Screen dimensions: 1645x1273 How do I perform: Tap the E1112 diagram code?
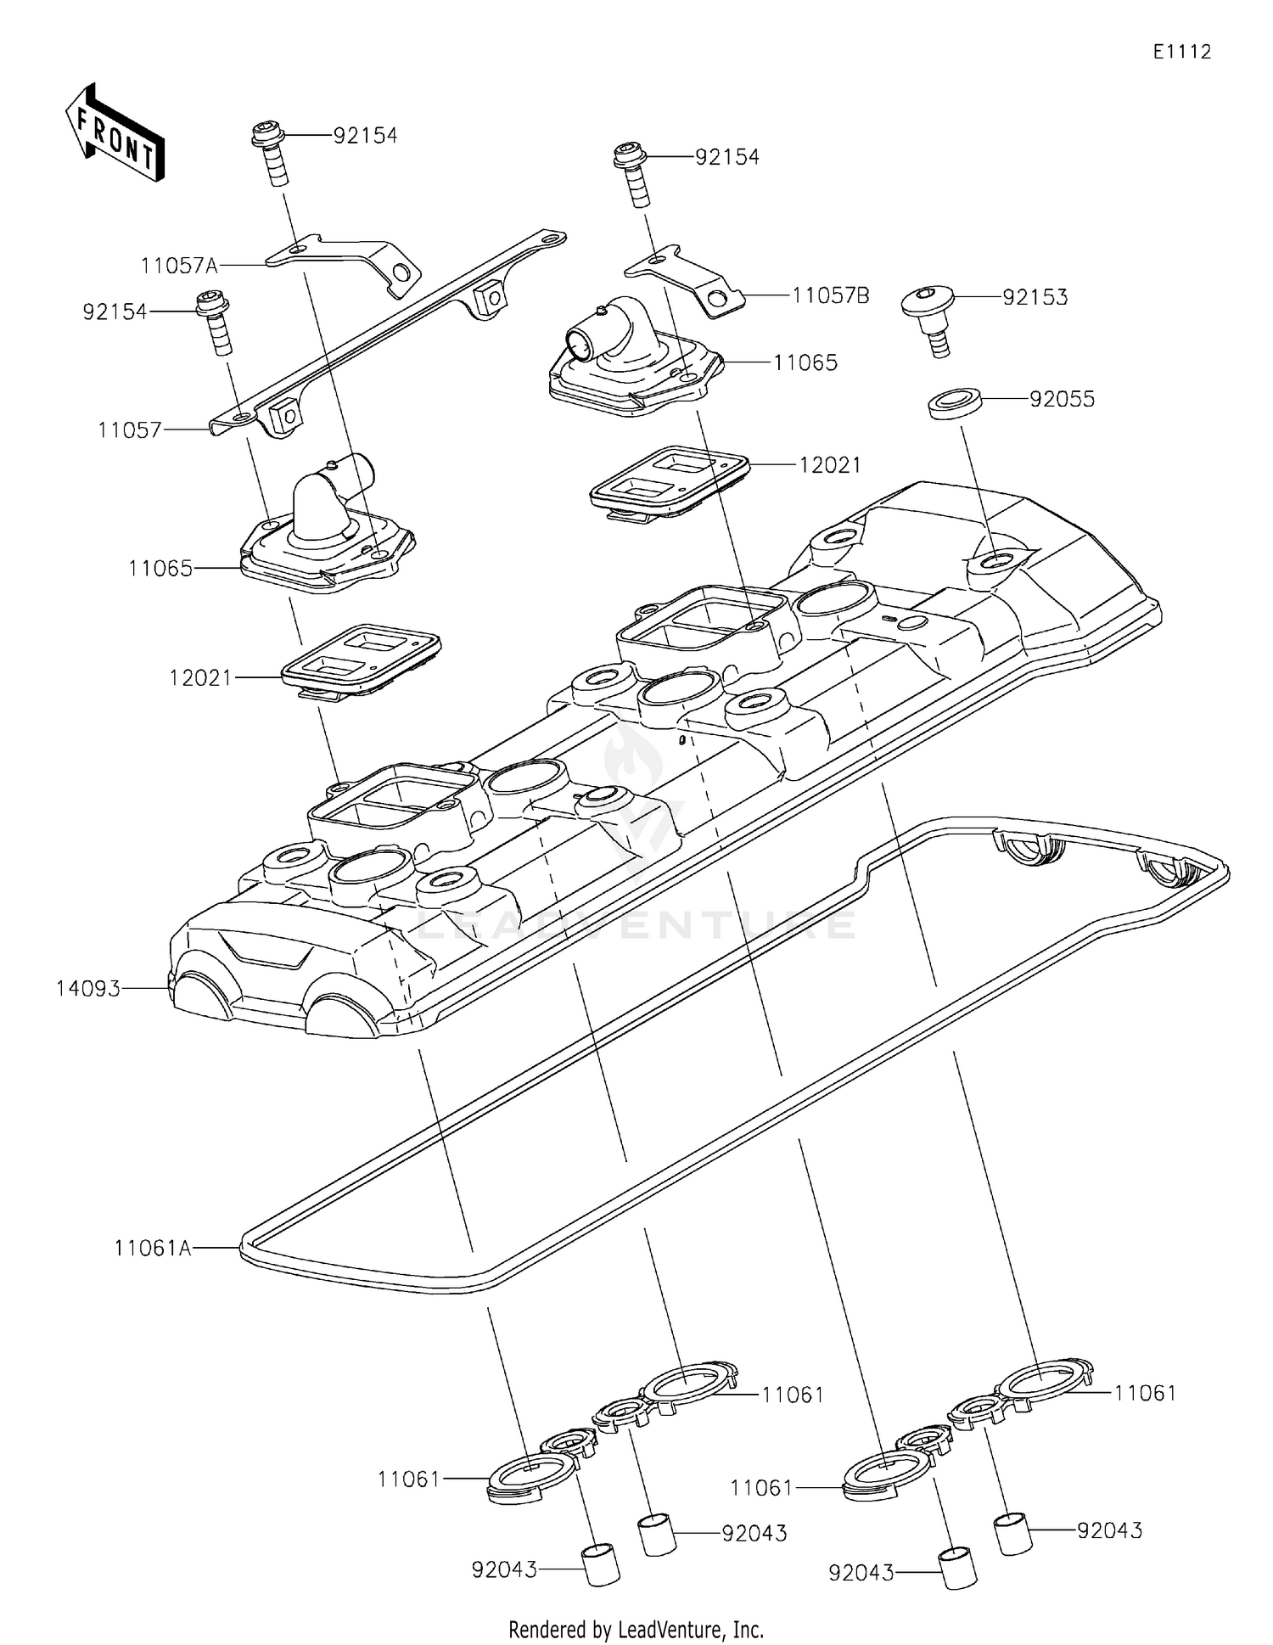coord(1181,52)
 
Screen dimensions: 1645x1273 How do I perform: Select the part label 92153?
coord(1035,298)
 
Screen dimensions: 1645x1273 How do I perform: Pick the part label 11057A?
coord(179,267)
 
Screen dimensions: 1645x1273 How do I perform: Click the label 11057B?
coord(830,296)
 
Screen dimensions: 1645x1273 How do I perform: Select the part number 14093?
coord(88,989)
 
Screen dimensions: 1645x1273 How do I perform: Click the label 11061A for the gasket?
coord(153,1249)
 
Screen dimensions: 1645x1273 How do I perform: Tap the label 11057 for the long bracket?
coord(130,430)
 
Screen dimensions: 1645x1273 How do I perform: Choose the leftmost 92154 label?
coord(115,312)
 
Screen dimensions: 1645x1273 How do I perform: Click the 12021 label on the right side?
coord(829,465)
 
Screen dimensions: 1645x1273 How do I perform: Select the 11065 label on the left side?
coord(160,569)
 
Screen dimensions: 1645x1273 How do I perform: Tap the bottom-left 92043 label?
coord(504,1570)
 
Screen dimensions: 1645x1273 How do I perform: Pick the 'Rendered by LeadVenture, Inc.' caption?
coord(636,1629)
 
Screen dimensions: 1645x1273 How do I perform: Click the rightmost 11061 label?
coord(1145,1393)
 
